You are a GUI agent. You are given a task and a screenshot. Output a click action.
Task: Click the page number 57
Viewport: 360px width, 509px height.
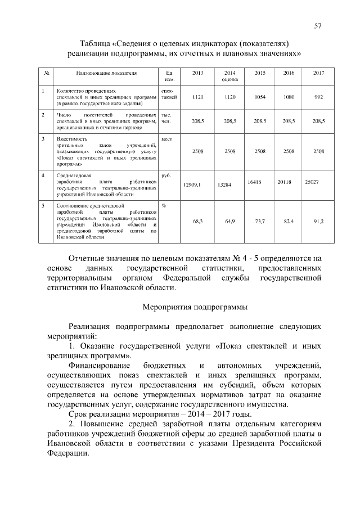(x=318, y=26)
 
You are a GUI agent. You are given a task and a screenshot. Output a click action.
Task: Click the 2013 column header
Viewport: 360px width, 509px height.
(x=197, y=74)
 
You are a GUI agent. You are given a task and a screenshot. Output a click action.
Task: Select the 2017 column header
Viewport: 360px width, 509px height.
(x=318, y=74)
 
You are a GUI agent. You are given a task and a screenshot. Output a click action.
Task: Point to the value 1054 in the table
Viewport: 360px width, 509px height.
(x=259, y=97)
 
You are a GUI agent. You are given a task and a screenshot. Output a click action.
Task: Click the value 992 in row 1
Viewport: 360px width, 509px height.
(x=318, y=97)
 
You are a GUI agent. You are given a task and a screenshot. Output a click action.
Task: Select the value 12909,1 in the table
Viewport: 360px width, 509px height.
(x=192, y=184)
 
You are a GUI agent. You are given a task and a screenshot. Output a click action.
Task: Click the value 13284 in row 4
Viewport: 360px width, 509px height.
(x=224, y=184)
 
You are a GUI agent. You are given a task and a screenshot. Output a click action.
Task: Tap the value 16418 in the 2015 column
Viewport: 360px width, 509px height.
(x=255, y=182)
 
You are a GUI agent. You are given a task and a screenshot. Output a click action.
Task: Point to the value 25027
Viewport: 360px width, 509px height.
(x=312, y=182)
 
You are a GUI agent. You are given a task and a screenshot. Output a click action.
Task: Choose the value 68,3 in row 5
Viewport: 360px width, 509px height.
(x=197, y=222)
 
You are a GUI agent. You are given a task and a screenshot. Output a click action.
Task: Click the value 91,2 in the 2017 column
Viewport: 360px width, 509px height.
(x=318, y=222)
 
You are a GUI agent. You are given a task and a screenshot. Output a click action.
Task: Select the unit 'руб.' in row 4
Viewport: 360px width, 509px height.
(x=166, y=176)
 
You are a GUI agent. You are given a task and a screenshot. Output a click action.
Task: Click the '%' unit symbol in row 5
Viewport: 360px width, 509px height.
(x=164, y=206)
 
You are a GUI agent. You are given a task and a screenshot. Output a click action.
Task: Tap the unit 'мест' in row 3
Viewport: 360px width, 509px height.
(x=166, y=138)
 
